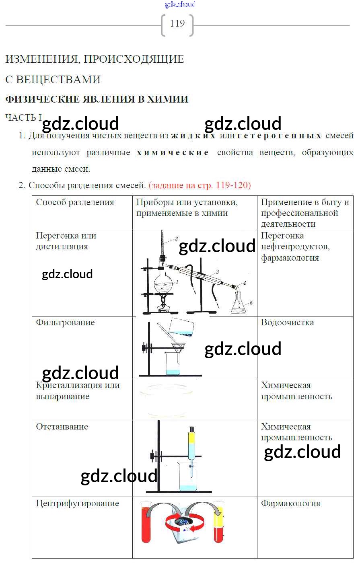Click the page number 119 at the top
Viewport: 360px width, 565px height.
point(177,23)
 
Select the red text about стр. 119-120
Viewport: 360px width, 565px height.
point(200,185)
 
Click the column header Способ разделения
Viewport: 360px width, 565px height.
point(75,202)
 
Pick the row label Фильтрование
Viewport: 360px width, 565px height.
point(65,323)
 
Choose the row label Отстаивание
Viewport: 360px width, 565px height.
point(62,427)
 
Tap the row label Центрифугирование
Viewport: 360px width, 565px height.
point(77,503)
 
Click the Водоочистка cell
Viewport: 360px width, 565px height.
point(287,323)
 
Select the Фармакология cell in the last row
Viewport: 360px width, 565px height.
point(290,503)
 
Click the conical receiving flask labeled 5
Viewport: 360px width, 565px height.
point(239,305)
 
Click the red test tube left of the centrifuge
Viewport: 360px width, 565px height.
point(146,523)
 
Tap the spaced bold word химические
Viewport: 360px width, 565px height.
point(173,152)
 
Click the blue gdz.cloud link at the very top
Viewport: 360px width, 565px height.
point(180,4)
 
